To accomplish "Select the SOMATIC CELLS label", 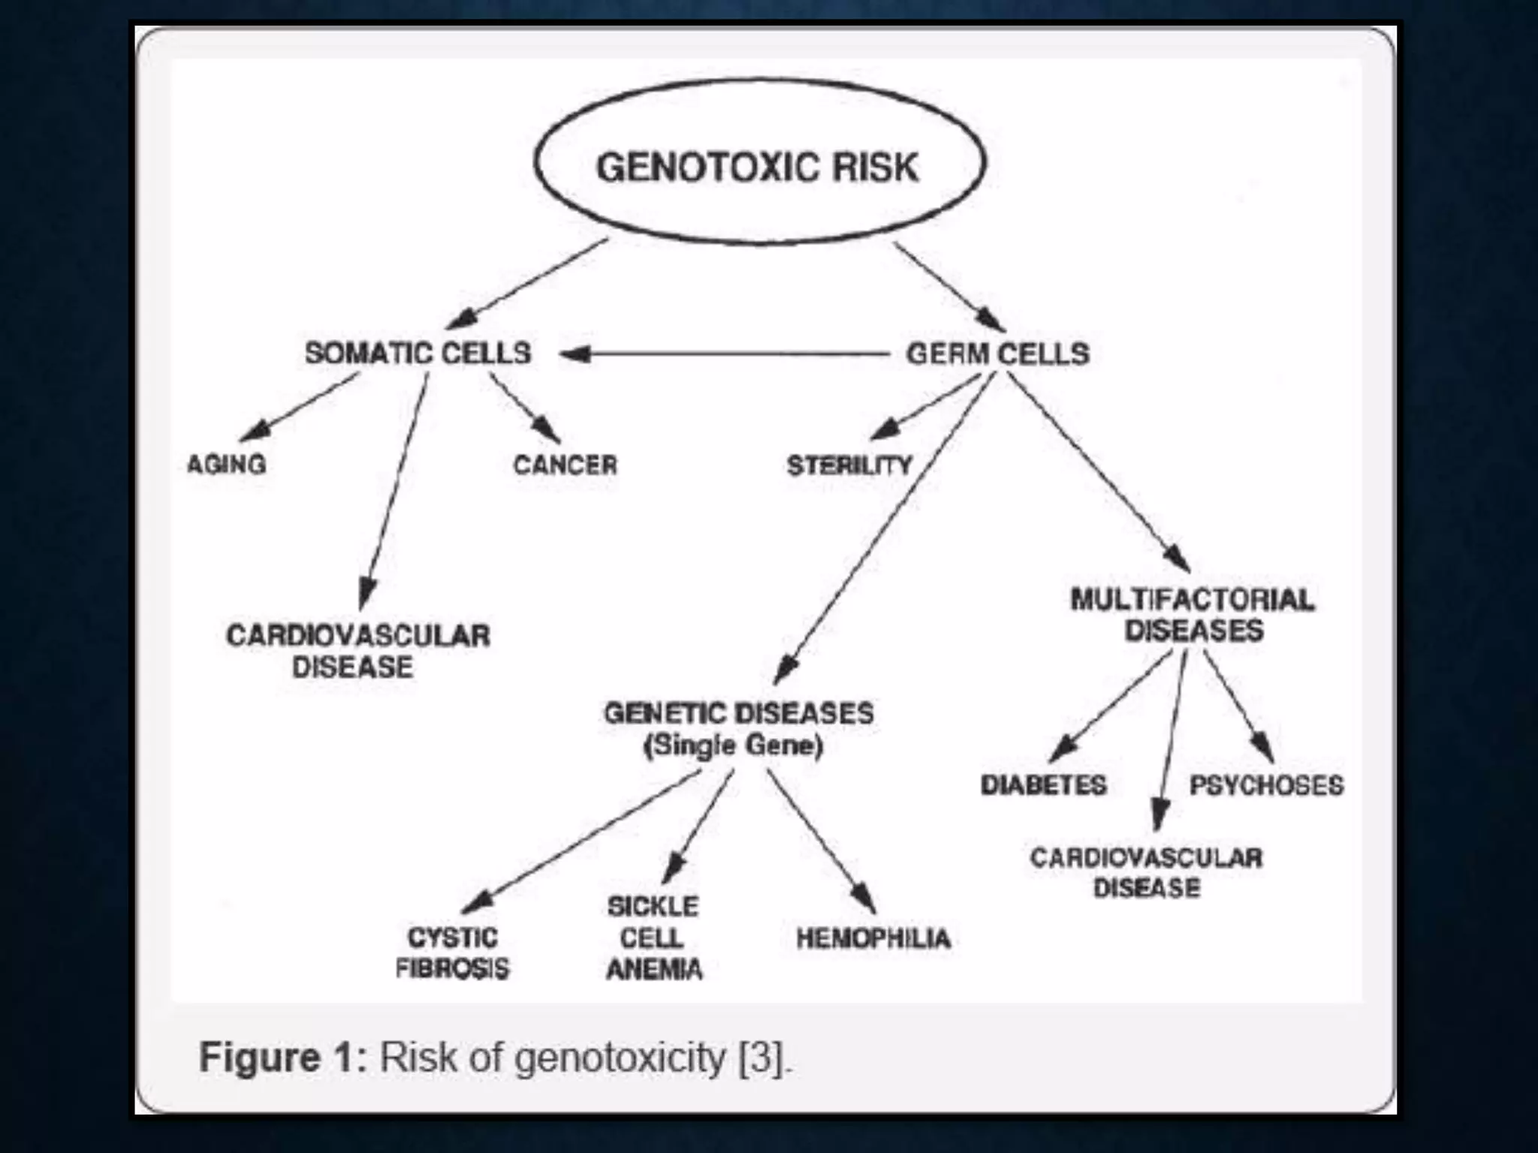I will [418, 353].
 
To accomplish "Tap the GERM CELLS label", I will [997, 353].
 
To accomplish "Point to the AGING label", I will [226, 465].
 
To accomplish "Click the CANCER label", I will [565, 465].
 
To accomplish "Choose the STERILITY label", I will [849, 465].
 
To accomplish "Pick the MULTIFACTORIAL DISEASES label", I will [1193, 615].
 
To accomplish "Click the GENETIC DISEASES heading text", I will [738, 713].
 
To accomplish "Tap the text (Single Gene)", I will [733, 745].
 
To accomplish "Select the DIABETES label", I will [1043, 785].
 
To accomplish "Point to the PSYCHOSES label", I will [1266, 785].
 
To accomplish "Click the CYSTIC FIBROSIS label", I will [452, 953].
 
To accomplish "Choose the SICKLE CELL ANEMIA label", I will [653, 938].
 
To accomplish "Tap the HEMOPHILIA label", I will [873, 938].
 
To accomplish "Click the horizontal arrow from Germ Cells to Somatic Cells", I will [725, 354].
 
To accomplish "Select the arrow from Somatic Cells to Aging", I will [298, 408].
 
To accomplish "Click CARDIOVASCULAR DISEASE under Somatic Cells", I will [357, 651].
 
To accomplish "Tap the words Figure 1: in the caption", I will [282, 1058].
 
